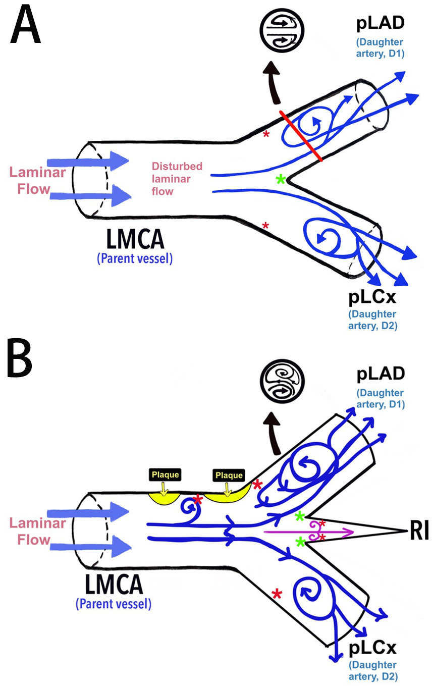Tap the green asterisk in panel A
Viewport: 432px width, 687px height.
coord(282,179)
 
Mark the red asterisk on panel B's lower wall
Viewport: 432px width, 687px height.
coord(277,594)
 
